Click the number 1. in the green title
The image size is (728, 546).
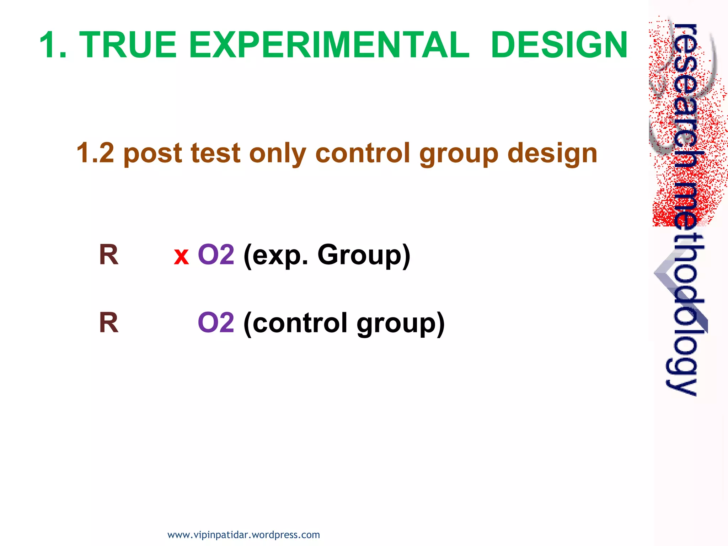pyautogui.click(x=53, y=45)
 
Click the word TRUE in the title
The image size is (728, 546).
pyautogui.click(x=128, y=45)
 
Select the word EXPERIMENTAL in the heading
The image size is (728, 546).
pyautogui.click(x=329, y=45)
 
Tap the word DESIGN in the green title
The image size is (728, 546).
pyautogui.click(x=559, y=45)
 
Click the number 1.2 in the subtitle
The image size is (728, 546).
pyautogui.click(x=95, y=153)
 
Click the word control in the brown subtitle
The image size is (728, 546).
pyautogui.click(x=363, y=153)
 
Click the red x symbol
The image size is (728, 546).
pyautogui.click(x=181, y=256)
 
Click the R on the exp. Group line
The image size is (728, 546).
pyautogui.click(x=108, y=255)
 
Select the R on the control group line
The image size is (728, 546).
pyautogui.click(x=108, y=323)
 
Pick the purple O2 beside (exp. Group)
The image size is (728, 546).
pyautogui.click(x=216, y=255)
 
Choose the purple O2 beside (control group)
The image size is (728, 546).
pyautogui.click(x=216, y=323)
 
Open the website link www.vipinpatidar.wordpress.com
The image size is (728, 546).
pyautogui.click(x=243, y=535)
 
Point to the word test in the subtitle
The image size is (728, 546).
pyautogui.click(x=215, y=153)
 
